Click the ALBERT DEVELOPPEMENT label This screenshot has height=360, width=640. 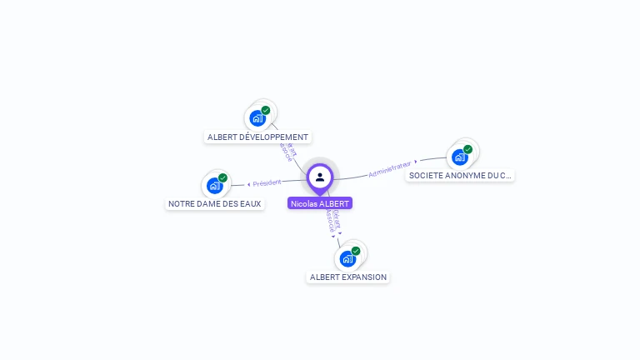click(x=257, y=137)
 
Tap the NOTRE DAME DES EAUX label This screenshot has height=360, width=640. click(x=215, y=203)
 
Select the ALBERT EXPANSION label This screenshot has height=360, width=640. click(x=348, y=277)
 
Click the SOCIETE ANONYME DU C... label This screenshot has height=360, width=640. click(x=460, y=175)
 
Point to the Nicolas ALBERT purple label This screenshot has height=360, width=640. click(x=320, y=202)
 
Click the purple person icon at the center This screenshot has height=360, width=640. click(x=320, y=177)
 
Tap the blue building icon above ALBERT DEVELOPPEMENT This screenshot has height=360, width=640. click(x=257, y=118)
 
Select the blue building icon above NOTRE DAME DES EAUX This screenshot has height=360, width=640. click(x=214, y=185)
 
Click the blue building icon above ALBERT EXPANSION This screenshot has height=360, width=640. click(x=347, y=258)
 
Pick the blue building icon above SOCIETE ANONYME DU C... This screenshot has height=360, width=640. click(x=459, y=157)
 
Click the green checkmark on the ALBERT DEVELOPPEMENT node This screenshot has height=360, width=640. click(x=266, y=110)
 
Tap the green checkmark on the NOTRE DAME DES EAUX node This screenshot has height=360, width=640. click(x=223, y=177)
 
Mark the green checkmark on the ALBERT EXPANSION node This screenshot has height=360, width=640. click(x=356, y=251)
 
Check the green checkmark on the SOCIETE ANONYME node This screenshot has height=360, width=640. click(x=467, y=149)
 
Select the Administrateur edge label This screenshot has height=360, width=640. click(x=391, y=167)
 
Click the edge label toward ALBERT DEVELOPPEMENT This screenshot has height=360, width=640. click(x=288, y=151)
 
